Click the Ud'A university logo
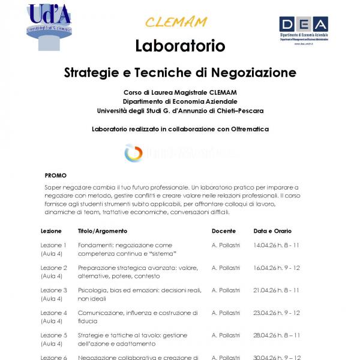pos(50,26)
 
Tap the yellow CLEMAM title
pos(176,22)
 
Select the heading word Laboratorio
pos(180,46)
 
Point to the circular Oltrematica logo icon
pos(133,153)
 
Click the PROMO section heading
pos(55,176)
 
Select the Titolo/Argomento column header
pos(102,231)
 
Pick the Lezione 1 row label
pos(53,245)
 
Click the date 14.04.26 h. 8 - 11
pos(277,245)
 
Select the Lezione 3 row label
pos(53,290)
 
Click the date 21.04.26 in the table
pos(265,290)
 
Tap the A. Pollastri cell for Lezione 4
pos(226,313)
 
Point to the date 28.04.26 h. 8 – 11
pos(277,335)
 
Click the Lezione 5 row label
pos(53,335)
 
